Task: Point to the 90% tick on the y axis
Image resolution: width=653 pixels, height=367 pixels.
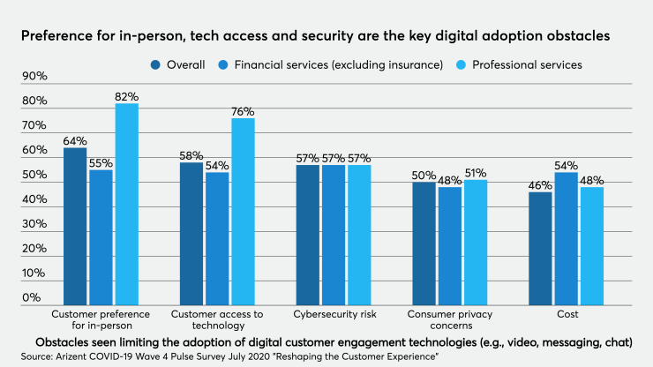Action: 34,77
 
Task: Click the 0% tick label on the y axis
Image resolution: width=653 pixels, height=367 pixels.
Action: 32,298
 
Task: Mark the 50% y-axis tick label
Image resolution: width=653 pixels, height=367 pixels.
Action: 34,176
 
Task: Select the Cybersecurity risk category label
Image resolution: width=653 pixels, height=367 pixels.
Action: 333,314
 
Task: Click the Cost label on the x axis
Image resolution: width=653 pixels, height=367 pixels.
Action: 566,314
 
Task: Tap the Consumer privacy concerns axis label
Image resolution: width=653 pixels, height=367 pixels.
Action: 449,319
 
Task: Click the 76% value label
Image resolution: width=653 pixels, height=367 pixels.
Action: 243,112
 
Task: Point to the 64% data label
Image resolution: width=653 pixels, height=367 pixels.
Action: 75,141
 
